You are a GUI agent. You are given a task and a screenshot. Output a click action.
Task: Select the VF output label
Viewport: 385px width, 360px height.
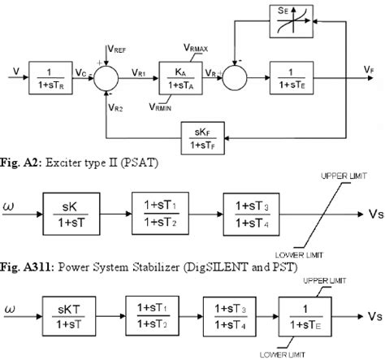coord(370,72)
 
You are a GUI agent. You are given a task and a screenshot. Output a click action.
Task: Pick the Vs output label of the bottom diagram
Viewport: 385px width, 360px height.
coord(370,314)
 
